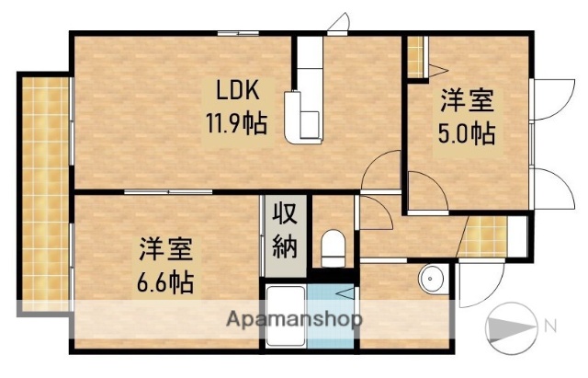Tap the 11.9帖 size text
pyautogui.click(x=235, y=122)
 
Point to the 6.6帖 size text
pyautogui.click(x=166, y=280)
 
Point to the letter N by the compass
pyautogui.click(x=550, y=324)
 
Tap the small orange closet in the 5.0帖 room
pyautogui.click(x=415, y=55)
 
